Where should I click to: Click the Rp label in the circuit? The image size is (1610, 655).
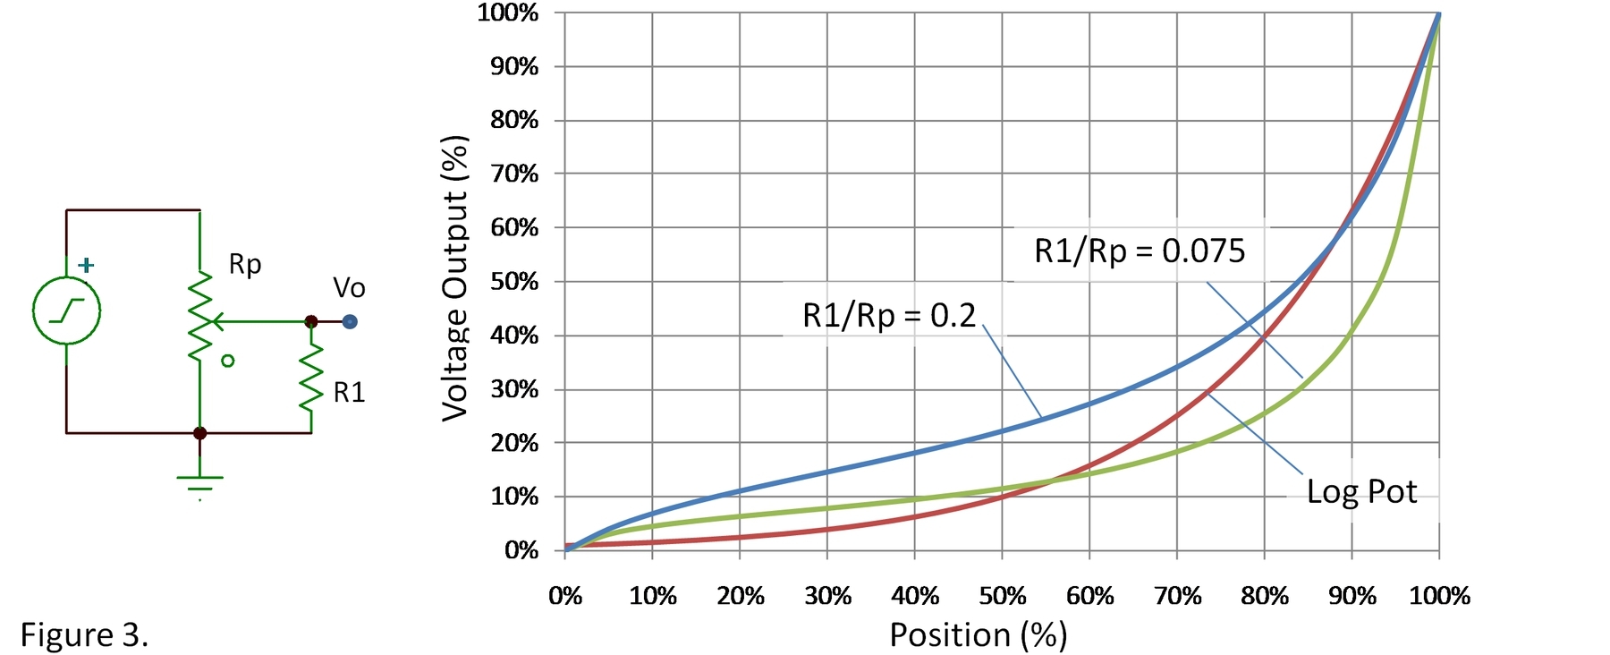[x=244, y=265]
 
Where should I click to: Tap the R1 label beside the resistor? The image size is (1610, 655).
[x=349, y=393]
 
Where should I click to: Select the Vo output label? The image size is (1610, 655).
[x=349, y=288]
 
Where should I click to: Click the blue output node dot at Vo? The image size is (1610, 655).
[x=350, y=321]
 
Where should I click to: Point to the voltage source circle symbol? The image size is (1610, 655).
[x=66, y=311]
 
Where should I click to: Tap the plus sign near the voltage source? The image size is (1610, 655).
[x=86, y=265]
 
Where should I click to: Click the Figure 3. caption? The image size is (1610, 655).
[x=84, y=634]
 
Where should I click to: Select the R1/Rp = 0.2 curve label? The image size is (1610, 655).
[x=888, y=316]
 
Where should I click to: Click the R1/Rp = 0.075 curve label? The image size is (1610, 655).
[x=1139, y=251]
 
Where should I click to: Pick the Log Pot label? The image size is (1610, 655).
[x=1361, y=491]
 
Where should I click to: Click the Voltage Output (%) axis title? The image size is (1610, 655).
[x=455, y=278]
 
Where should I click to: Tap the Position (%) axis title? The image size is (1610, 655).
[x=978, y=634]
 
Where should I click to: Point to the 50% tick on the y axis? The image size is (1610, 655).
[x=514, y=282]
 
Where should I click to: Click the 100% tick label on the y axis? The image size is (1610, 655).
[x=508, y=13]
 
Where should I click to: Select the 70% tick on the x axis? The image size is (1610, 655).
[x=1177, y=596]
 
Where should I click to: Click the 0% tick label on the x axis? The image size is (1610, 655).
[x=565, y=596]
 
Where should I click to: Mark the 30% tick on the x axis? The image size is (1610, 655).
[x=827, y=596]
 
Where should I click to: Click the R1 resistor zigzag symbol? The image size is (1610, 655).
[x=311, y=378]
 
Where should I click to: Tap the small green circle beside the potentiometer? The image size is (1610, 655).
[x=228, y=362]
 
